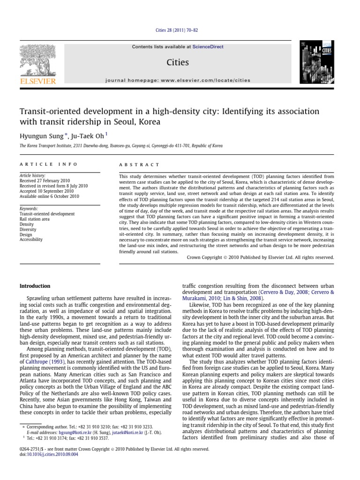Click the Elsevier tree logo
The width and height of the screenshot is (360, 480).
pyautogui.click(x=37, y=62)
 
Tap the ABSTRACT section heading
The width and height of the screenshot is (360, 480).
pyautogui.click(x=134, y=165)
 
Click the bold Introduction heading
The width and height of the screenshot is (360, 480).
pyautogui.click(x=34, y=286)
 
